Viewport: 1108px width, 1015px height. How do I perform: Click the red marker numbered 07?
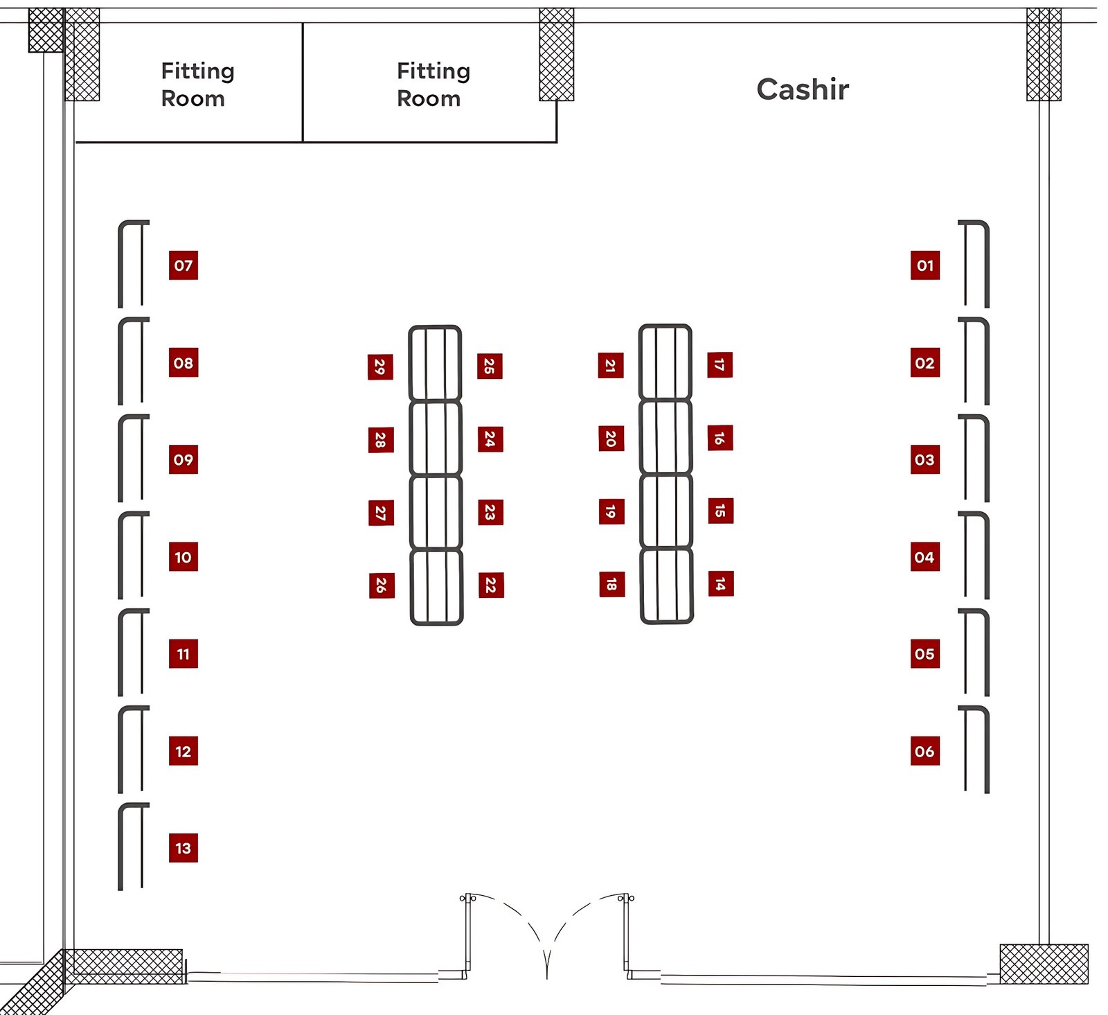(184, 265)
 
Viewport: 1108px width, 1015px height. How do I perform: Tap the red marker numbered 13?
(184, 848)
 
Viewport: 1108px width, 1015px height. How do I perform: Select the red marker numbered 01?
(925, 265)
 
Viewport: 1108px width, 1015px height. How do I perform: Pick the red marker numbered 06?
(925, 751)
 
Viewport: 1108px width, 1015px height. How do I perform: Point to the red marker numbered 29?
(380, 367)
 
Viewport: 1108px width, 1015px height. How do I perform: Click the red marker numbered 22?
(491, 585)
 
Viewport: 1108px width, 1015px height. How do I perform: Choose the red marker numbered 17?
(720, 365)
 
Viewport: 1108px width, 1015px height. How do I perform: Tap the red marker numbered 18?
(611, 584)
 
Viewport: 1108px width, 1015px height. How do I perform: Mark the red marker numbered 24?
(490, 439)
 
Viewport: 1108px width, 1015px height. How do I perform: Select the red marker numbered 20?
(611, 439)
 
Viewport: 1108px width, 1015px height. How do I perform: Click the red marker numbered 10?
(184, 557)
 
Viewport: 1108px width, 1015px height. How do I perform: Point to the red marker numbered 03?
(925, 459)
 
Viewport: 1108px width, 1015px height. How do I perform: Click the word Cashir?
(803, 89)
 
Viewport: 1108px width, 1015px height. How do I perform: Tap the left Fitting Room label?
(197, 85)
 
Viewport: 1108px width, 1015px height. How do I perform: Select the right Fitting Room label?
(434, 85)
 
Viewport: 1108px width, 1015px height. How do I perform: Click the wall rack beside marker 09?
(121, 459)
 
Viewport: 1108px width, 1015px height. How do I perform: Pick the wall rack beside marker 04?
(986, 556)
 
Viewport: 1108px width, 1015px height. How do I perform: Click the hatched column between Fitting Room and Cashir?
(557, 54)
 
